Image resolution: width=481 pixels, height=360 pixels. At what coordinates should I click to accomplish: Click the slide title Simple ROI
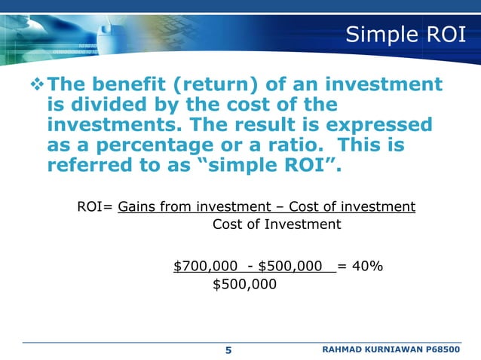[405, 35]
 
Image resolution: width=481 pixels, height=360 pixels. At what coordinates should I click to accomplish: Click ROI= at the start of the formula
[96, 206]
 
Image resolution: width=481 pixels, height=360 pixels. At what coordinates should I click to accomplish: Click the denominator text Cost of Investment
[277, 224]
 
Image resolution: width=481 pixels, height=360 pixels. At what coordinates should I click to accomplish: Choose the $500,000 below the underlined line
[245, 285]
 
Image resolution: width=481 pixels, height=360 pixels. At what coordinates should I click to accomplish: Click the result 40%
[369, 266]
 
